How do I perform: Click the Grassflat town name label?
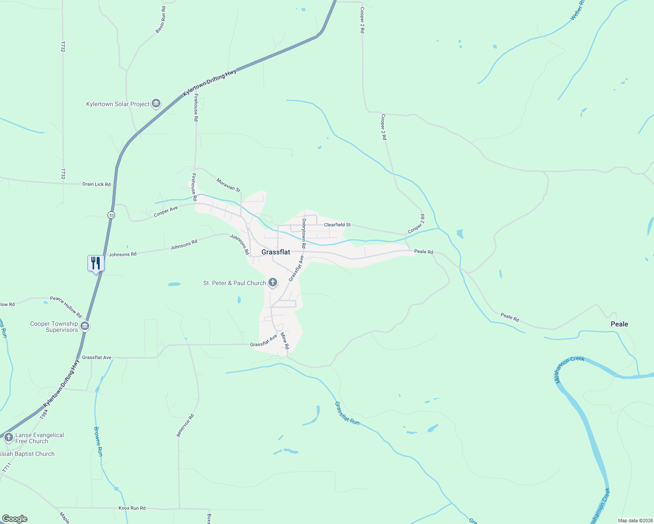click(275, 252)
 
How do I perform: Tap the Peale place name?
click(619, 324)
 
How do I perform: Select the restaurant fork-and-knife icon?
click(96, 263)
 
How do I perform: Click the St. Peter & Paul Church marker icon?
click(273, 283)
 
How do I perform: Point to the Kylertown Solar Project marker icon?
click(156, 104)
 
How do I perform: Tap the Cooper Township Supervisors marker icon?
click(85, 326)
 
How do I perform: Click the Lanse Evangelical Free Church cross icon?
click(8, 437)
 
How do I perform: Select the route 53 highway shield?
click(111, 215)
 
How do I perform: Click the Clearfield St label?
click(337, 225)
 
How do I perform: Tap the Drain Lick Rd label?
click(96, 184)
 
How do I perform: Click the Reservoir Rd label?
click(185, 425)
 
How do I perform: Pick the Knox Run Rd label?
click(132, 508)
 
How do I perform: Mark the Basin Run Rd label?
click(161, 20)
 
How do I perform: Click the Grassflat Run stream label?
click(347, 413)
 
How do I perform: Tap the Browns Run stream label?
click(98, 441)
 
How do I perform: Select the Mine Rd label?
click(285, 341)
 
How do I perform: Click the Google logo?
click(14, 519)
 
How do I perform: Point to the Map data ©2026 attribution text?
click(634, 521)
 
